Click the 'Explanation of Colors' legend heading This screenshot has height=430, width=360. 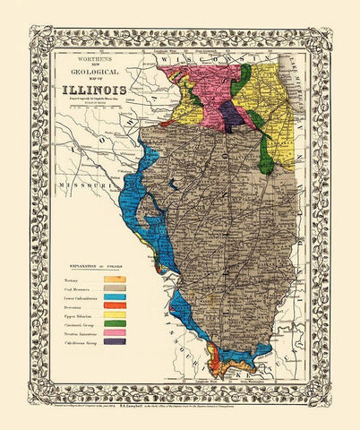pos(95,268)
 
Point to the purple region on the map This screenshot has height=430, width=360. pos(230,113)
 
